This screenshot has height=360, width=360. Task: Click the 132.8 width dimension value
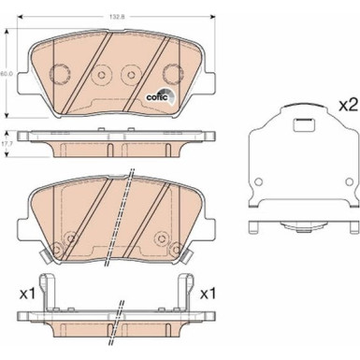117,16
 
